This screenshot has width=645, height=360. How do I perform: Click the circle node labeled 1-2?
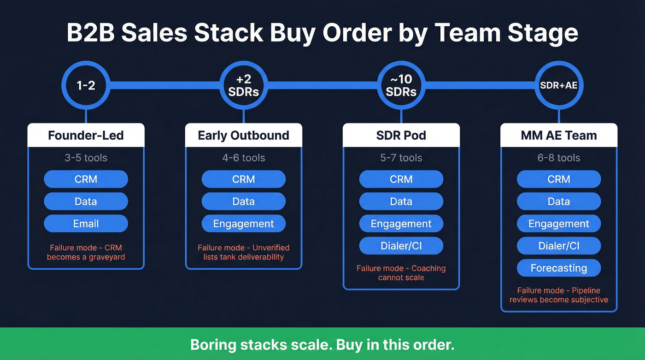pos(86,85)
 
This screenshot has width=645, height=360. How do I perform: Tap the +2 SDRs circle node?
pos(243,85)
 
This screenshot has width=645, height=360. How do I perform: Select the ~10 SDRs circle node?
pos(401,85)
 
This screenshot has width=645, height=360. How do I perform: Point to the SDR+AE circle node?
pos(558,85)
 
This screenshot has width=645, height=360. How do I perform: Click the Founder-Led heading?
pos(86,136)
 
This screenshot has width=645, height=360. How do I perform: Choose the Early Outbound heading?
pos(243,136)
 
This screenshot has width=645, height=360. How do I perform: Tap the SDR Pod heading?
pos(401,136)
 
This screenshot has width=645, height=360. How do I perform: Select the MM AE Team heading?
pos(558,136)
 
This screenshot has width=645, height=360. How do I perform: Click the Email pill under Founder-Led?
pos(86,224)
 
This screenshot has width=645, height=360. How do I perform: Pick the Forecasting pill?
pos(558,268)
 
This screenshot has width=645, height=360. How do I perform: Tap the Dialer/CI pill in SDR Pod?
pos(401,246)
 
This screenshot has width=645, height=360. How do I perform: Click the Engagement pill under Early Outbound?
pos(243,224)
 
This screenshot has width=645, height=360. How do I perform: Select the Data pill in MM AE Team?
pos(558,202)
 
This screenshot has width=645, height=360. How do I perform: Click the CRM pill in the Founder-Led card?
pos(86,179)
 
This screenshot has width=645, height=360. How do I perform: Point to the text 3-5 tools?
pos(86,158)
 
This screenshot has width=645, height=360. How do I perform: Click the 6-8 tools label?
pos(558,158)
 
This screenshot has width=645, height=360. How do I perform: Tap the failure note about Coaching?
pos(401,273)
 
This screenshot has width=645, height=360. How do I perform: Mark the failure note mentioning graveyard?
pos(86,252)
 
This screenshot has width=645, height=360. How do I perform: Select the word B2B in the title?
pos(91,33)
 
